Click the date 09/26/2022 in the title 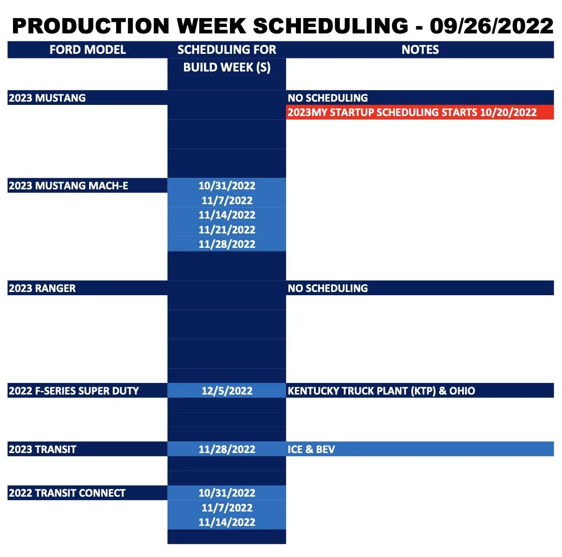pyautogui.click(x=491, y=26)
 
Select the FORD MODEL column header pyautogui.click(x=87, y=50)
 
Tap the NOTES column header pyautogui.click(x=420, y=50)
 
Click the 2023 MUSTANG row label pyautogui.click(x=47, y=98)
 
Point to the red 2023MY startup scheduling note pyautogui.click(x=412, y=112)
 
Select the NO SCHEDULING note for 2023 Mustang pyautogui.click(x=327, y=98)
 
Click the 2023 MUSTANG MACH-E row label pyautogui.click(x=68, y=186)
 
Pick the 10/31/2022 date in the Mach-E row pyautogui.click(x=227, y=186)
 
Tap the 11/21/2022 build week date pyautogui.click(x=227, y=229)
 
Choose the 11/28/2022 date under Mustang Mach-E pyautogui.click(x=227, y=244)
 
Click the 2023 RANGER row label pyautogui.click(x=42, y=288)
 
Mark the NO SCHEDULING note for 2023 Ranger pyautogui.click(x=327, y=288)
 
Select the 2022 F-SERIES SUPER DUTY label pyautogui.click(x=74, y=391)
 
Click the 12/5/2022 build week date pyautogui.click(x=227, y=391)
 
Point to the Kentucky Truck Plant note pyautogui.click(x=381, y=391)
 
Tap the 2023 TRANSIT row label pyautogui.click(x=42, y=449)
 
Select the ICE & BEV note pyautogui.click(x=311, y=449)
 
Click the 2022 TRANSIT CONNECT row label pyautogui.click(x=67, y=493)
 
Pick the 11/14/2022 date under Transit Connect pyautogui.click(x=227, y=522)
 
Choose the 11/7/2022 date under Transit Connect pyautogui.click(x=227, y=508)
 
